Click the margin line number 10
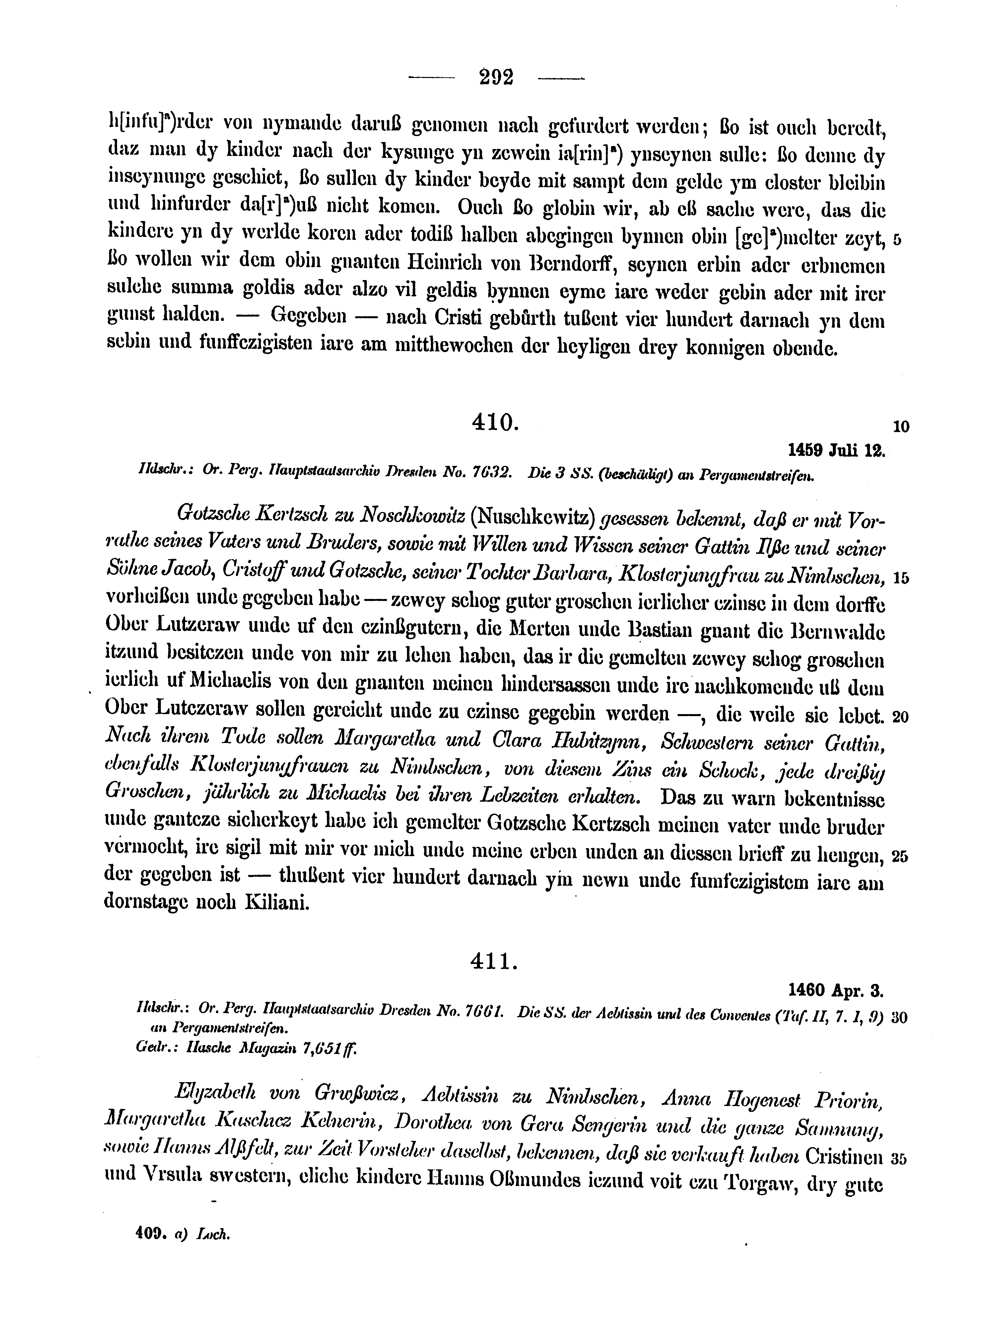pyautogui.click(x=901, y=427)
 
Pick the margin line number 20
pyautogui.click(x=900, y=717)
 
